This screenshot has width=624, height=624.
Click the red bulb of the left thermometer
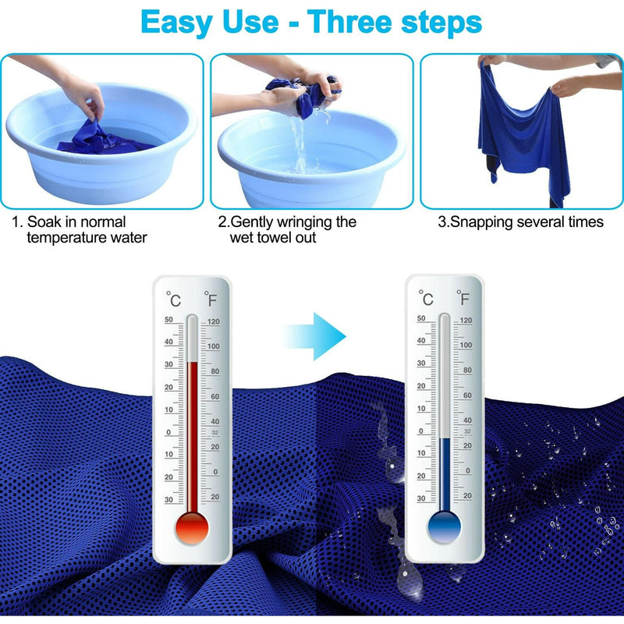tap(192, 528)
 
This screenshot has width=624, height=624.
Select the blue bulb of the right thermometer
tap(444, 526)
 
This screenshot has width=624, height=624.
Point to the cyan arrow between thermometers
tap(314, 336)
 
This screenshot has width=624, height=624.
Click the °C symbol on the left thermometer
tap(173, 299)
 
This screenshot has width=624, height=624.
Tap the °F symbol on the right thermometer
tap(463, 298)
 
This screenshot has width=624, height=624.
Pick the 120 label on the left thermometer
tap(213, 321)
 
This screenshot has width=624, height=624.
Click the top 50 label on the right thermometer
tap(421, 318)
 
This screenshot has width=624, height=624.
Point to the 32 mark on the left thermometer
tap(215, 433)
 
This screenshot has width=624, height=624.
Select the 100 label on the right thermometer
tap(466, 345)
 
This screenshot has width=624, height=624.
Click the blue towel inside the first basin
tap(104, 140)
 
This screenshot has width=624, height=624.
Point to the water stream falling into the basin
tap(300, 144)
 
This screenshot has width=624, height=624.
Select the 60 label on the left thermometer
tap(215, 396)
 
